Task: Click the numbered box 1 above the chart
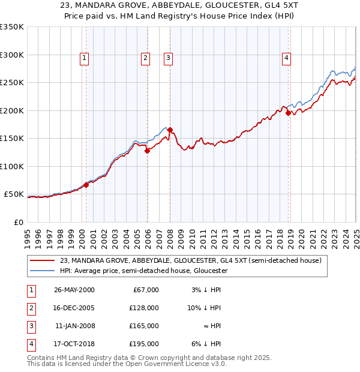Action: point(84,58)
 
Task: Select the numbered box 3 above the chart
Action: point(169,58)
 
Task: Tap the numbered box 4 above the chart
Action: point(287,58)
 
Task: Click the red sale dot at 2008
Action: point(170,130)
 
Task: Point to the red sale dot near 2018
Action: point(288,113)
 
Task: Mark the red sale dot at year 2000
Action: point(86,185)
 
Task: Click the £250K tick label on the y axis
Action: point(11,82)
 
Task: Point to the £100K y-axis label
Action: point(11,166)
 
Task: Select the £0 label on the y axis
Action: point(18,222)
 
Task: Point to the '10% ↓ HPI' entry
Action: point(206,308)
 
